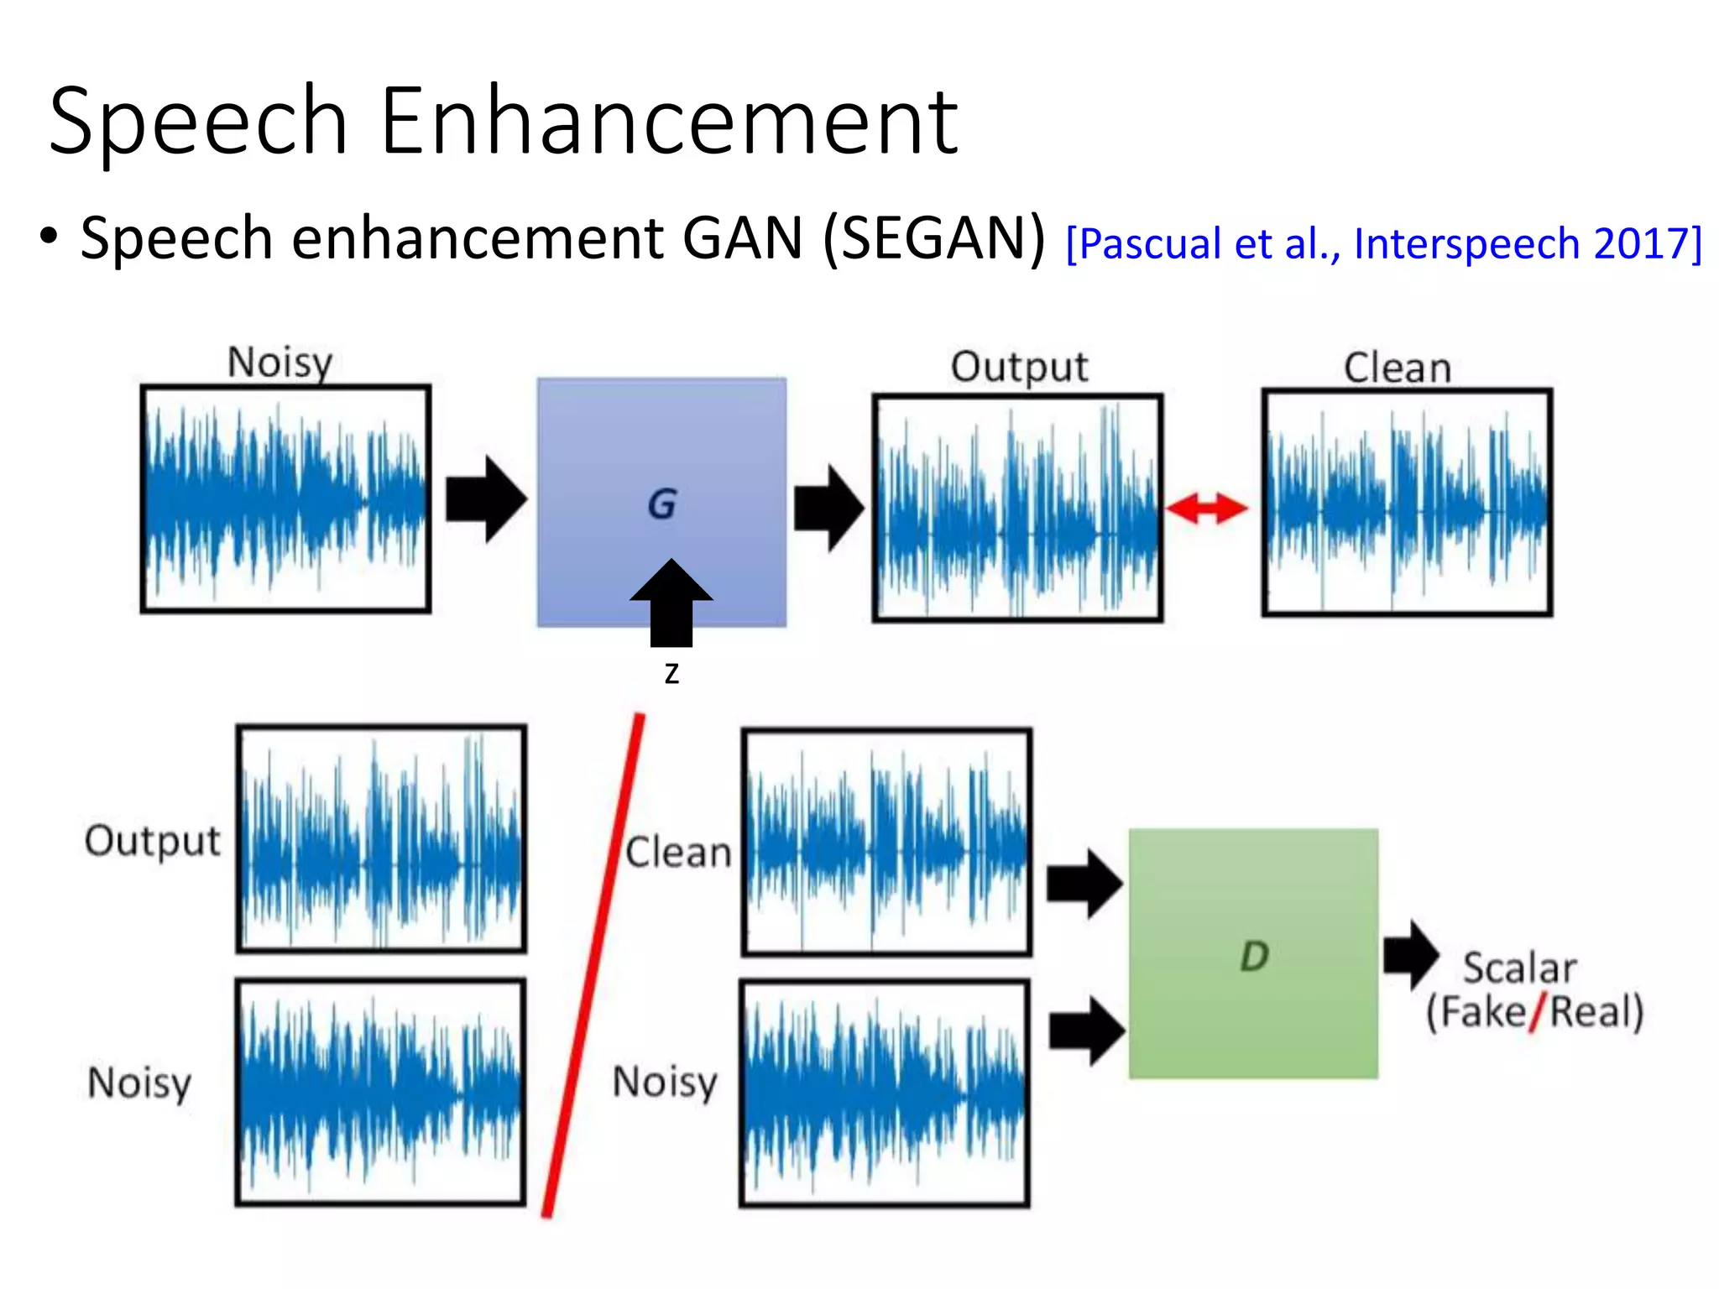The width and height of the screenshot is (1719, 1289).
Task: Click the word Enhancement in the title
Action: [669, 122]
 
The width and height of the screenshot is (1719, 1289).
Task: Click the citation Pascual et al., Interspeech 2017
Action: [1383, 244]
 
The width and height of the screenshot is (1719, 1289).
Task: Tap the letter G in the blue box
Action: [662, 504]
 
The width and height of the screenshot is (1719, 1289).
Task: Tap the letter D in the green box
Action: [1254, 956]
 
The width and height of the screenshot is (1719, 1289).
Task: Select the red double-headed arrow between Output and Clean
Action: [1206, 508]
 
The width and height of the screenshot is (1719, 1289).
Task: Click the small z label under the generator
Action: [671, 673]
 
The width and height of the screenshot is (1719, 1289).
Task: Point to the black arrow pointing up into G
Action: [671, 603]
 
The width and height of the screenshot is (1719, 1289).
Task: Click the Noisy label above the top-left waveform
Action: [280, 363]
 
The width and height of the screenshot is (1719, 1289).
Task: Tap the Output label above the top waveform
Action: [1019, 368]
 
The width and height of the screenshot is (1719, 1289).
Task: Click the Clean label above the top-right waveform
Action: [1398, 368]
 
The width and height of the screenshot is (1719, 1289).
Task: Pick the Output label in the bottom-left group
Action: [153, 841]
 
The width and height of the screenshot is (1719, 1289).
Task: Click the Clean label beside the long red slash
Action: [678, 853]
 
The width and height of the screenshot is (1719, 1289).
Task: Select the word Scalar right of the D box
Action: [1519, 968]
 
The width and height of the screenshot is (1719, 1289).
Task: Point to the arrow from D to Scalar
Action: [1411, 955]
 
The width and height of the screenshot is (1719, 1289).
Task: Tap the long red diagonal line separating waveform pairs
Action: [593, 965]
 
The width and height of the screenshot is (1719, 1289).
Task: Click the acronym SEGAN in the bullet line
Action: [934, 239]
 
